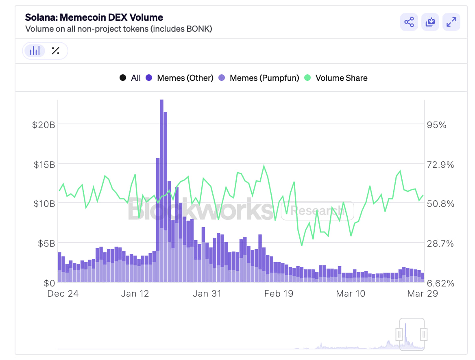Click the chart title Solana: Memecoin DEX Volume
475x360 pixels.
pyautogui.click(x=94, y=17)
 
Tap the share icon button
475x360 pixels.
pyautogui.click(x=409, y=22)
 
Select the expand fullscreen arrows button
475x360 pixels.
pyautogui.click(x=451, y=22)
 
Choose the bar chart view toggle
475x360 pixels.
pyautogui.click(x=35, y=51)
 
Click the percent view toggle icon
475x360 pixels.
pyautogui.click(x=56, y=51)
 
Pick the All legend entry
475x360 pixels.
pyautogui.click(x=130, y=78)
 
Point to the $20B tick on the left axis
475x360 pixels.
pyautogui.click(x=44, y=125)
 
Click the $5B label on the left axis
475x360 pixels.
pyautogui.click(x=46, y=243)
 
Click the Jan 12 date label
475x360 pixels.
pyautogui.click(x=135, y=293)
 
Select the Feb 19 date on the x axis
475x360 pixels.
pyautogui.click(x=278, y=293)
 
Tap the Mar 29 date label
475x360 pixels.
pyautogui.click(x=423, y=293)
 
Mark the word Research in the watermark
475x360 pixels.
pyautogui.click(x=317, y=210)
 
